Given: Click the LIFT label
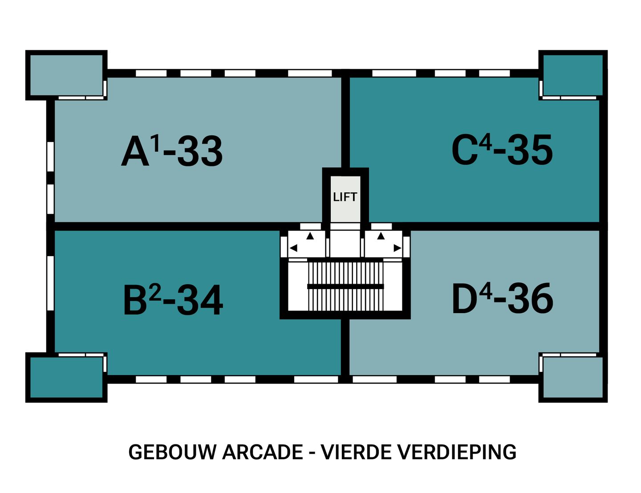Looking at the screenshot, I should coord(345,197).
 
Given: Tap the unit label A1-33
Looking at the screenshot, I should coord(172,151).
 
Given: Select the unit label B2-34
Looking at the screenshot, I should coord(173,300).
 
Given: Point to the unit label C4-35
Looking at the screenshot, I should coord(502,150).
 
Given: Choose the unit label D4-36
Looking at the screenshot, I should coord(503,298).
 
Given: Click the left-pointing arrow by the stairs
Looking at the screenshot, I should coord(293,248).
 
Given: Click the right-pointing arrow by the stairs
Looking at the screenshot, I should coord(397,248).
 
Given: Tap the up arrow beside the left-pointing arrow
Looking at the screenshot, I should coord(310,236).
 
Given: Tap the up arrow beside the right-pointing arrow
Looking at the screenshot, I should coord(381,236).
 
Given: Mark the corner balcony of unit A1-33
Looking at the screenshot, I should coord(66,75).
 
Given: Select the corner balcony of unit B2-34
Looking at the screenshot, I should coord(66,377).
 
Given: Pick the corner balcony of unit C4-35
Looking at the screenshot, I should coord(573,75).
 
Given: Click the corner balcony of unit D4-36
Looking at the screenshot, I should coord(573,377).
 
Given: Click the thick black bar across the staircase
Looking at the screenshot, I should coord(345,286).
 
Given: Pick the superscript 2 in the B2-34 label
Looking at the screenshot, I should coord(155,293).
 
